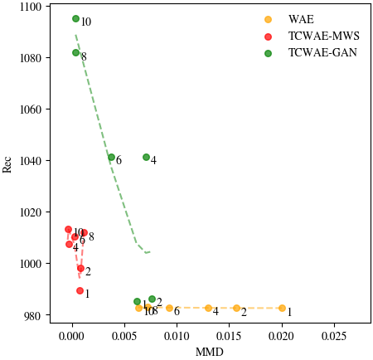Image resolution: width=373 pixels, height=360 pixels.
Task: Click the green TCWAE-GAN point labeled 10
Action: point(75,18)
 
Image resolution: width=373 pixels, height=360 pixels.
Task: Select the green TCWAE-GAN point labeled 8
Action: point(75,52)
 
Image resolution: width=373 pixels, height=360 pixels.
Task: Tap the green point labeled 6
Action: point(111,157)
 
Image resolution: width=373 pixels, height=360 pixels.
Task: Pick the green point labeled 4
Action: point(146,157)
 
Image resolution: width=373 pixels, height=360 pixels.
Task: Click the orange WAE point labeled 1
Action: point(282,308)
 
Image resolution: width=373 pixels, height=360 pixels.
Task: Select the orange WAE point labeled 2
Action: point(236,308)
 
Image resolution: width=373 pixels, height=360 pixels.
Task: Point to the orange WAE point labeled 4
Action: point(208,308)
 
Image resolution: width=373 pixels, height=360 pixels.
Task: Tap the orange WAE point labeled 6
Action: point(169,308)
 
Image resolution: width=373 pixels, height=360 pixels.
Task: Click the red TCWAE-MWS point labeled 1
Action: point(80,290)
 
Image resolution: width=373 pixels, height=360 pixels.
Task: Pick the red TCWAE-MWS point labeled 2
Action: point(80,268)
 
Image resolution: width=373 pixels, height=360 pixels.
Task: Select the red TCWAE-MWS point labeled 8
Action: point(84,233)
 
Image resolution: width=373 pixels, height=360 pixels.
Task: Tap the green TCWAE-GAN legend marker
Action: point(267,52)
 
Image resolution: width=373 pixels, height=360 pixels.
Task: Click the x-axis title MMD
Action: point(204,352)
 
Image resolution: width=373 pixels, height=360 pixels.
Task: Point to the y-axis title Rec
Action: point(8,165)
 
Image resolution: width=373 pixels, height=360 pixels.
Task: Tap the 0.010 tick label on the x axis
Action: point(177,338)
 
